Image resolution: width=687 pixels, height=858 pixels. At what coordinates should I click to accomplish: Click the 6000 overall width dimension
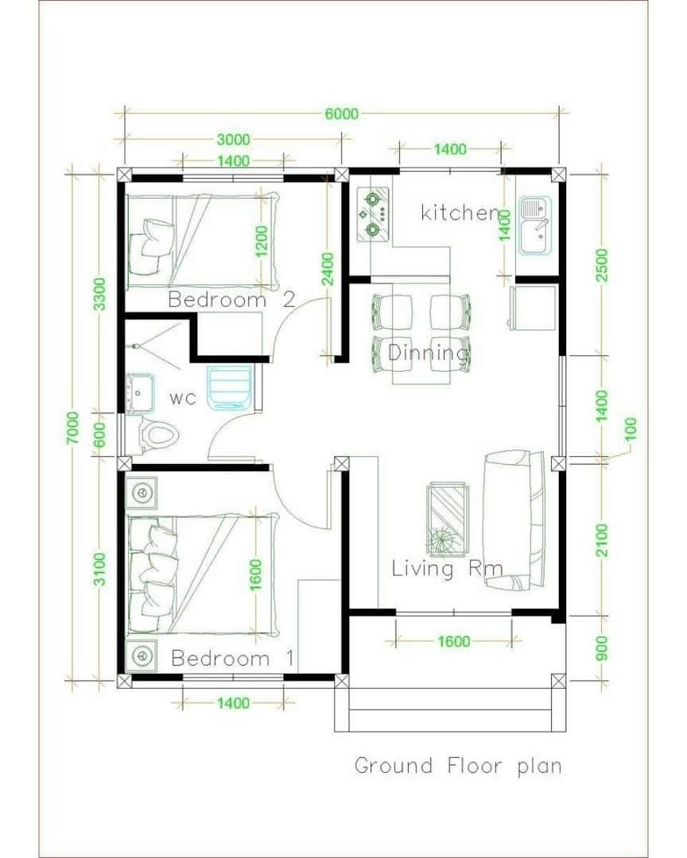pyautogui.click(x=342, y=114)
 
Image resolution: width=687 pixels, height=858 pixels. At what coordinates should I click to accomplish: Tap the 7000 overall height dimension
pyautogui.click(x=73, y=428)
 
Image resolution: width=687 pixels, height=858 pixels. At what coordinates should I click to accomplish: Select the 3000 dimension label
pyautogui.click(x=234, y=140)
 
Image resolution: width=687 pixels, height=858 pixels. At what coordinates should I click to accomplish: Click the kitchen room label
pyautogui.click(x=460, y=212)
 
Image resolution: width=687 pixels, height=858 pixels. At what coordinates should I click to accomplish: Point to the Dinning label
pyautogui.click(x=429, y=353)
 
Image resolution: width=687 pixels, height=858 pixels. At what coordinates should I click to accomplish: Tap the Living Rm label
pyautogui.click(x=447, y=569)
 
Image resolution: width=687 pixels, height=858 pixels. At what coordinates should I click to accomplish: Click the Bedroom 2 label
pyautogui.click(x=231, y=300)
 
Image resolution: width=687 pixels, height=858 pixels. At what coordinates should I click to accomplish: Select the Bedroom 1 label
pyautogui.click(x=233, y=658)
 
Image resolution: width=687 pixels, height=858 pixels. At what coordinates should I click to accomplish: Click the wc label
pyautogui.click(x=182, y=398)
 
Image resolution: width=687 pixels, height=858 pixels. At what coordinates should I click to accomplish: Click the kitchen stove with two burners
pyautogui.click(x=373, y=214)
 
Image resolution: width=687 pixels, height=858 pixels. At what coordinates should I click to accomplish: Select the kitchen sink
pyautogui.click(x=535, y=226)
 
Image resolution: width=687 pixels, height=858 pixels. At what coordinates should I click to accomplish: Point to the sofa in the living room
pyautogui.click(x=514, y=520)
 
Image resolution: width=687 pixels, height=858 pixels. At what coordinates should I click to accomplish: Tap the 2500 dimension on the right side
pyautogui.click(x=602, y=265)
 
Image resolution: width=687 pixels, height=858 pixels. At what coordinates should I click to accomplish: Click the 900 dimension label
pyautogui.click(x=602, y=648)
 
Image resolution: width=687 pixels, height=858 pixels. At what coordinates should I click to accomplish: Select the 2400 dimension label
pyautogui.click(x=328, y=269)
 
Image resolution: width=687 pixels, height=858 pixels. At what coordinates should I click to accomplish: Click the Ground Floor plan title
pyautogui.click(x=458, y=766)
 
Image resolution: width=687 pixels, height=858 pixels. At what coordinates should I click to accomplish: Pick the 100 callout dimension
pyautogui.click(x=631, y=429)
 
